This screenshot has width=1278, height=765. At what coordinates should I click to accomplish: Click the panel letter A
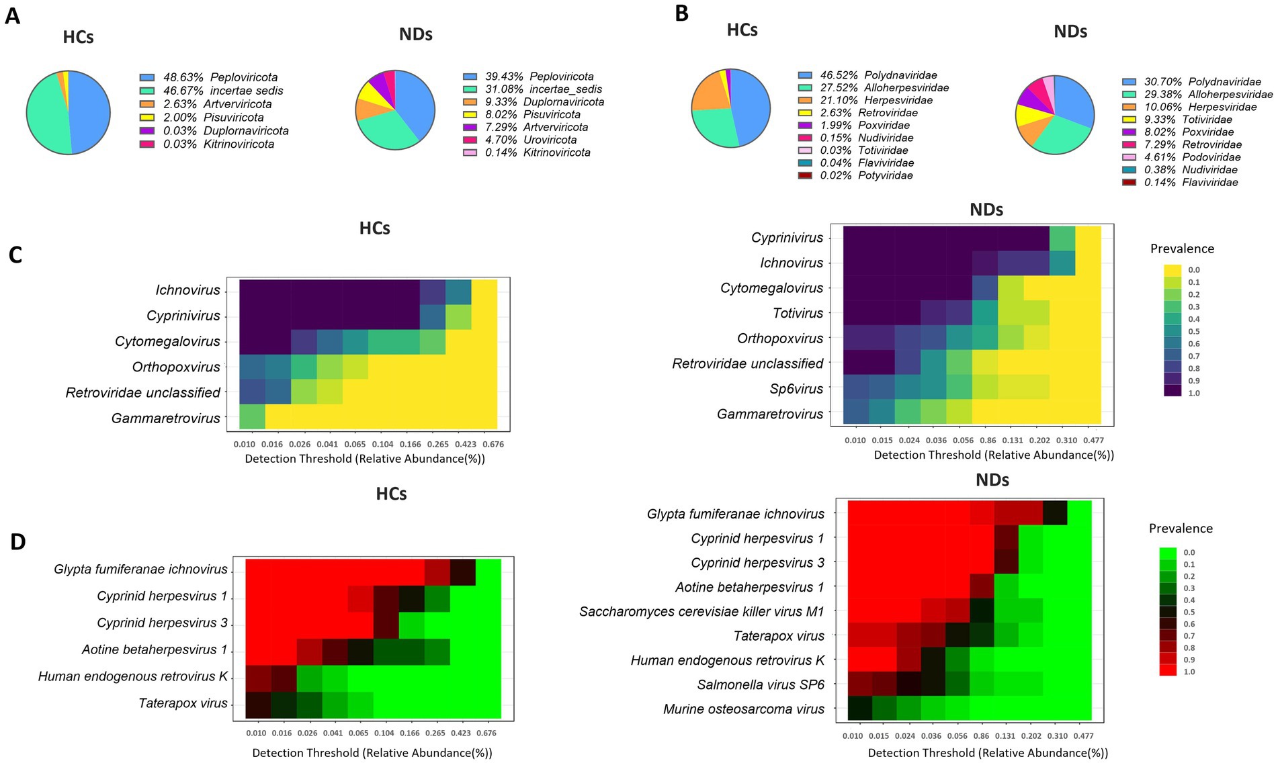pyautogui.click(x=12, y=15)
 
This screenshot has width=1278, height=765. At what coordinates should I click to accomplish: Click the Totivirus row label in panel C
pyautogui.click(x=798, y=313)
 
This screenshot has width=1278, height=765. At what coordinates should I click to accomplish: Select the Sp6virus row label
pyautogui.click(x=796, y=389)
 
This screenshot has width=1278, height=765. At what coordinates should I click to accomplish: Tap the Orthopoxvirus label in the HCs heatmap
pyautogui.click(x=176, y=367)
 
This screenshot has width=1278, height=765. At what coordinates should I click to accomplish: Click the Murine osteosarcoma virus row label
pyautogui.click(x=743, y=709)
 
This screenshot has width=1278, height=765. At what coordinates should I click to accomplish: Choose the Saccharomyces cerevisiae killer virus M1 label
pyautogui.click(x=701, y=612)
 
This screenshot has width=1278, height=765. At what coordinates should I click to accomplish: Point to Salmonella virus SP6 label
pyautogui.click(x=761, y=684)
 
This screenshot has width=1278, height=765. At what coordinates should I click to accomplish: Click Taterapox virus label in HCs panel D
pyautogui.click(x=183, y=703)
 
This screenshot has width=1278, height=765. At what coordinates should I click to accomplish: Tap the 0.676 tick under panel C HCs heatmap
pyautogui.click(x=493, y=444)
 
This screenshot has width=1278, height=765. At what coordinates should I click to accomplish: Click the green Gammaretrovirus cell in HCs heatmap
pyautogui.click(x=252, y=416)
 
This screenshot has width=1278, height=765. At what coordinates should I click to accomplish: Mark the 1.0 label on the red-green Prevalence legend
pyautogui.click(x=1189, y=672)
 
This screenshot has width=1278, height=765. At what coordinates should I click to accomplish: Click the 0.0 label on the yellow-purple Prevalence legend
pyautogui.click(x=1193, y=270)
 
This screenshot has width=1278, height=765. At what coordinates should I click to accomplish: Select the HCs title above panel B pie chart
pyautogui.click(x=742, y=30)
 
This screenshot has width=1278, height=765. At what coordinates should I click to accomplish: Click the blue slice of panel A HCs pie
pyautogui.click(x=91, y=111)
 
